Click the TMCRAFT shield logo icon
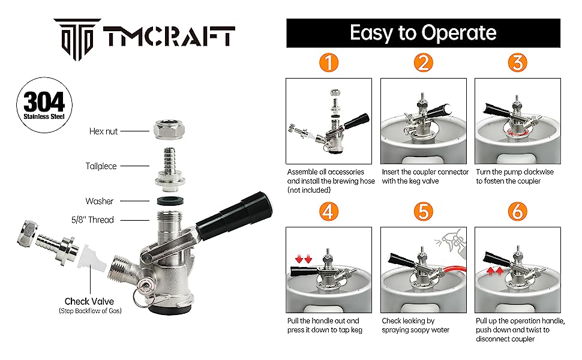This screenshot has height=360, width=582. coord(77,40)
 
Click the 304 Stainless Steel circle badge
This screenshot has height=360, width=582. coord(44,105)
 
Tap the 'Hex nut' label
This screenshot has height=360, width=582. coord(103,131)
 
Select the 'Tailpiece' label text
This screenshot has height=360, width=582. coord(101,166)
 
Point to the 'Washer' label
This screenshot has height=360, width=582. coord(99,201)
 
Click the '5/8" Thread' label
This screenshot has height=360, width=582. coord(92,220)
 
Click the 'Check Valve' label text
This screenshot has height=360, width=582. coord(89,301)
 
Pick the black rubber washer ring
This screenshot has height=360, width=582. coord(170,201)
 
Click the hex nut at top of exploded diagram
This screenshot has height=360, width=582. coord(169,129)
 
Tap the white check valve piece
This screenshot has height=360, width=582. coord(92,256)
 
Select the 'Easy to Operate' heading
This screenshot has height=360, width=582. coord(423,32)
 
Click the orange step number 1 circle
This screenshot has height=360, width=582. coord(328,63)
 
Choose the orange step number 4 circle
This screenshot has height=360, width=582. coord(328,212)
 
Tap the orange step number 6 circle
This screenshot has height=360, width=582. coord(517,212)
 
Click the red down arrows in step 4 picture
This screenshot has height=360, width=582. coord(304,259)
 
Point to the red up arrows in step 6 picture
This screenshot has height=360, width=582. coord(496,271)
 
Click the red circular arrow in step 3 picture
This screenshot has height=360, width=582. coord(518,133)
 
